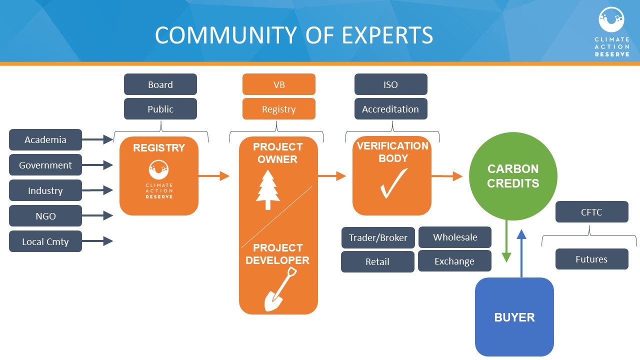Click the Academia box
coord(45,140)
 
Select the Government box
coord(45,165)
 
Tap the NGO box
coord(45,216)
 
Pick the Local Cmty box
coord(45,241)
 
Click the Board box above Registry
coord(160,84)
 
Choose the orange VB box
coord(279,84)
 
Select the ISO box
coord(391,84)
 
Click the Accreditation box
coord(391,109)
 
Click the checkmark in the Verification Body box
coord(393,183)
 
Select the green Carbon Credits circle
coord(513,176)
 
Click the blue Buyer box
coord(514,317)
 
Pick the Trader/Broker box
coord(378,238)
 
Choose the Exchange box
coord(454,261)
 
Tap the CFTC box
coord(592,212)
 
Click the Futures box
coord(592,259)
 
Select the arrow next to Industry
coord(97,190)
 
